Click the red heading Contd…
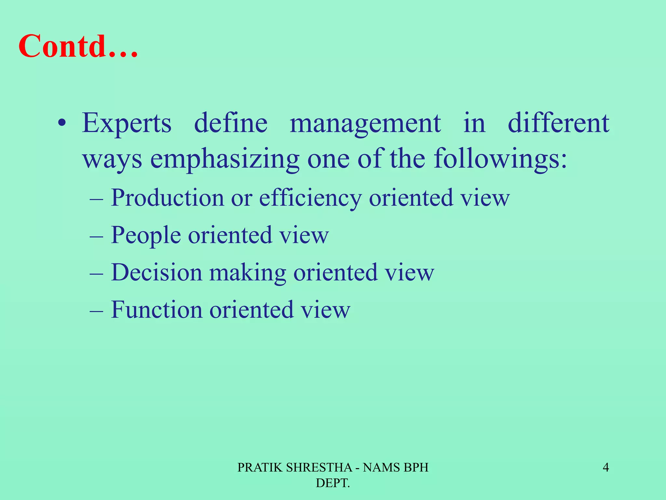(78, 46)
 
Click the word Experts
(127, 124)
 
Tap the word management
(365, 124)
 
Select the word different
(558, 124)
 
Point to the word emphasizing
(224, 160)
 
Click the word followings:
(500, 160)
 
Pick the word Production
(167, 198)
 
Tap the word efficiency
(310, 198)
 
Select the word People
(146, 235)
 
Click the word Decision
(156, 272)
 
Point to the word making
(247, 272)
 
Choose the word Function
(156, 310)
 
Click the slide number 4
(606, 468)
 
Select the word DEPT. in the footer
(333, 483)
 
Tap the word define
(231, 124)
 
